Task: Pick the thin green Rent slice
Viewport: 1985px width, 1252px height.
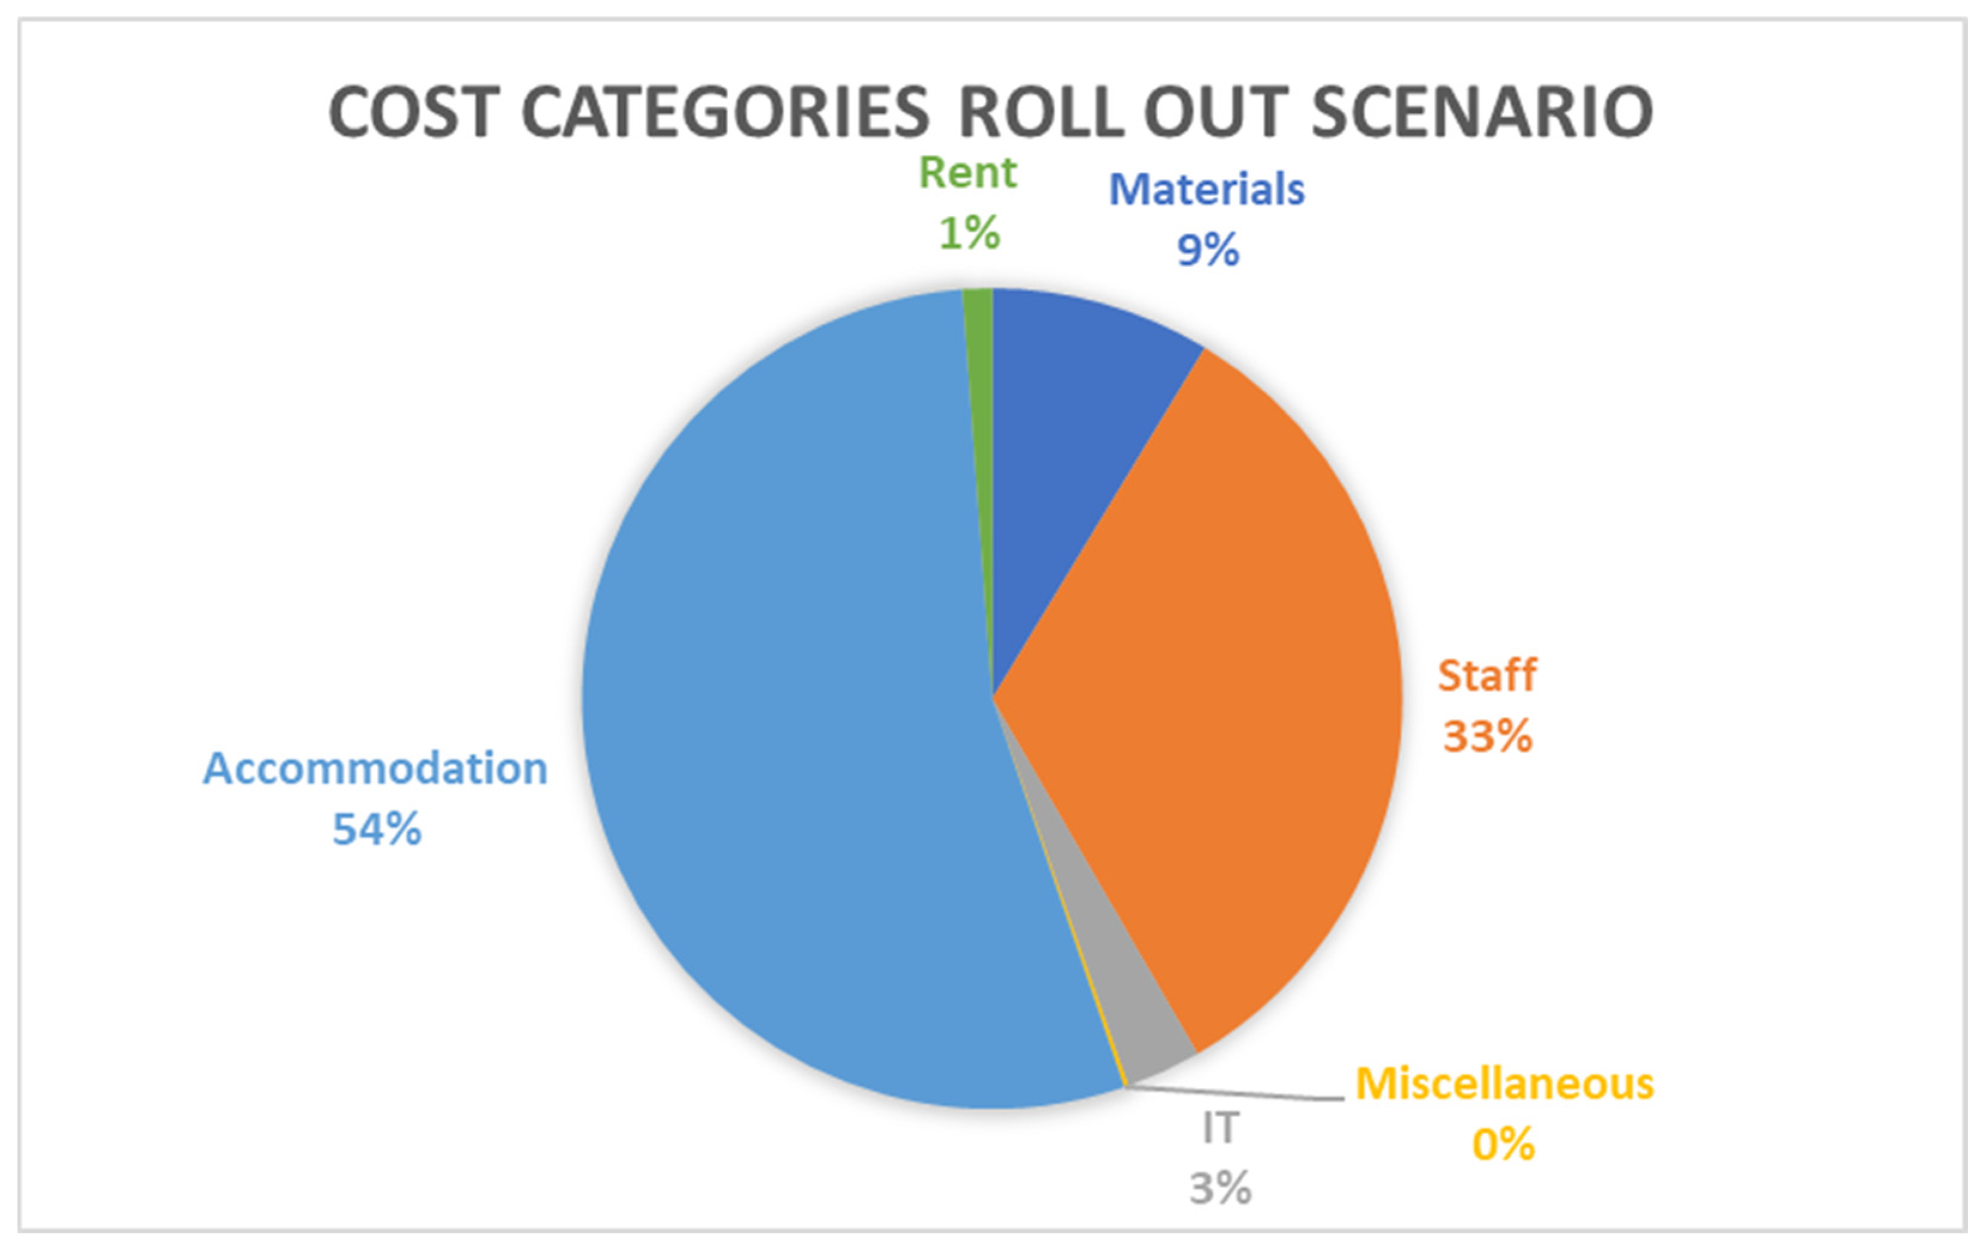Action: point(979,413)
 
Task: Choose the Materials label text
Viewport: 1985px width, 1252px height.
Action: point(1207,190)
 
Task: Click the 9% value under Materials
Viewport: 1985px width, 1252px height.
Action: point(1208,250)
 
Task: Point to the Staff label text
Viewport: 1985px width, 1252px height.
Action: point(1487,675)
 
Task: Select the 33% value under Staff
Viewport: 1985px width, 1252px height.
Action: point(1487,736)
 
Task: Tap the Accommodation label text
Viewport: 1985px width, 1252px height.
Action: point(376,769)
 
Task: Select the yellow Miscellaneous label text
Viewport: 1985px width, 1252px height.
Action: point(1504,1084)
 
